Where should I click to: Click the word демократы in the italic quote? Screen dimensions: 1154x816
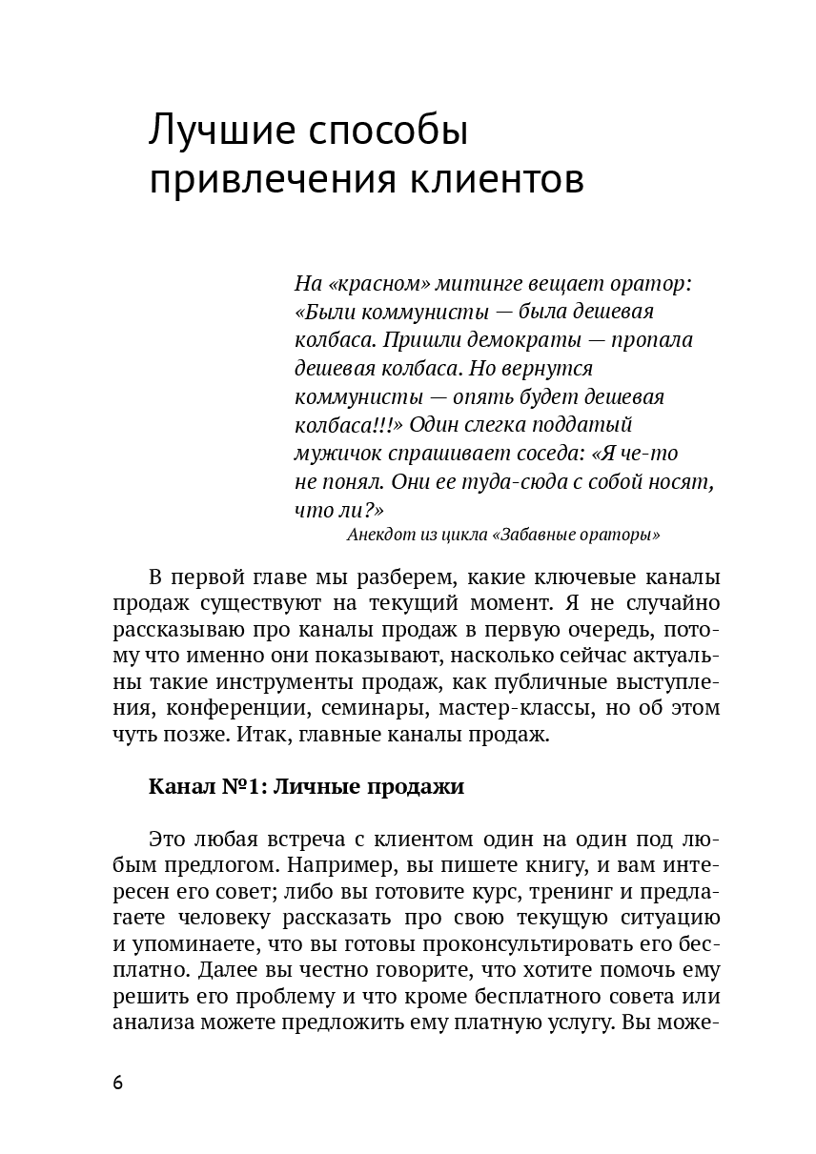point(540,340)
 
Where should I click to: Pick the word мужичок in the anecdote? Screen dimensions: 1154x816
point(337,453)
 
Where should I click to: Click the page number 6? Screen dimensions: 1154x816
point(117,1083)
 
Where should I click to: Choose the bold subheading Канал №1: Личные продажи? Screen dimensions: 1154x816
point(306,786)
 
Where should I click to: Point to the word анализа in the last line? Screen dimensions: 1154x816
point(150,1022)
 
